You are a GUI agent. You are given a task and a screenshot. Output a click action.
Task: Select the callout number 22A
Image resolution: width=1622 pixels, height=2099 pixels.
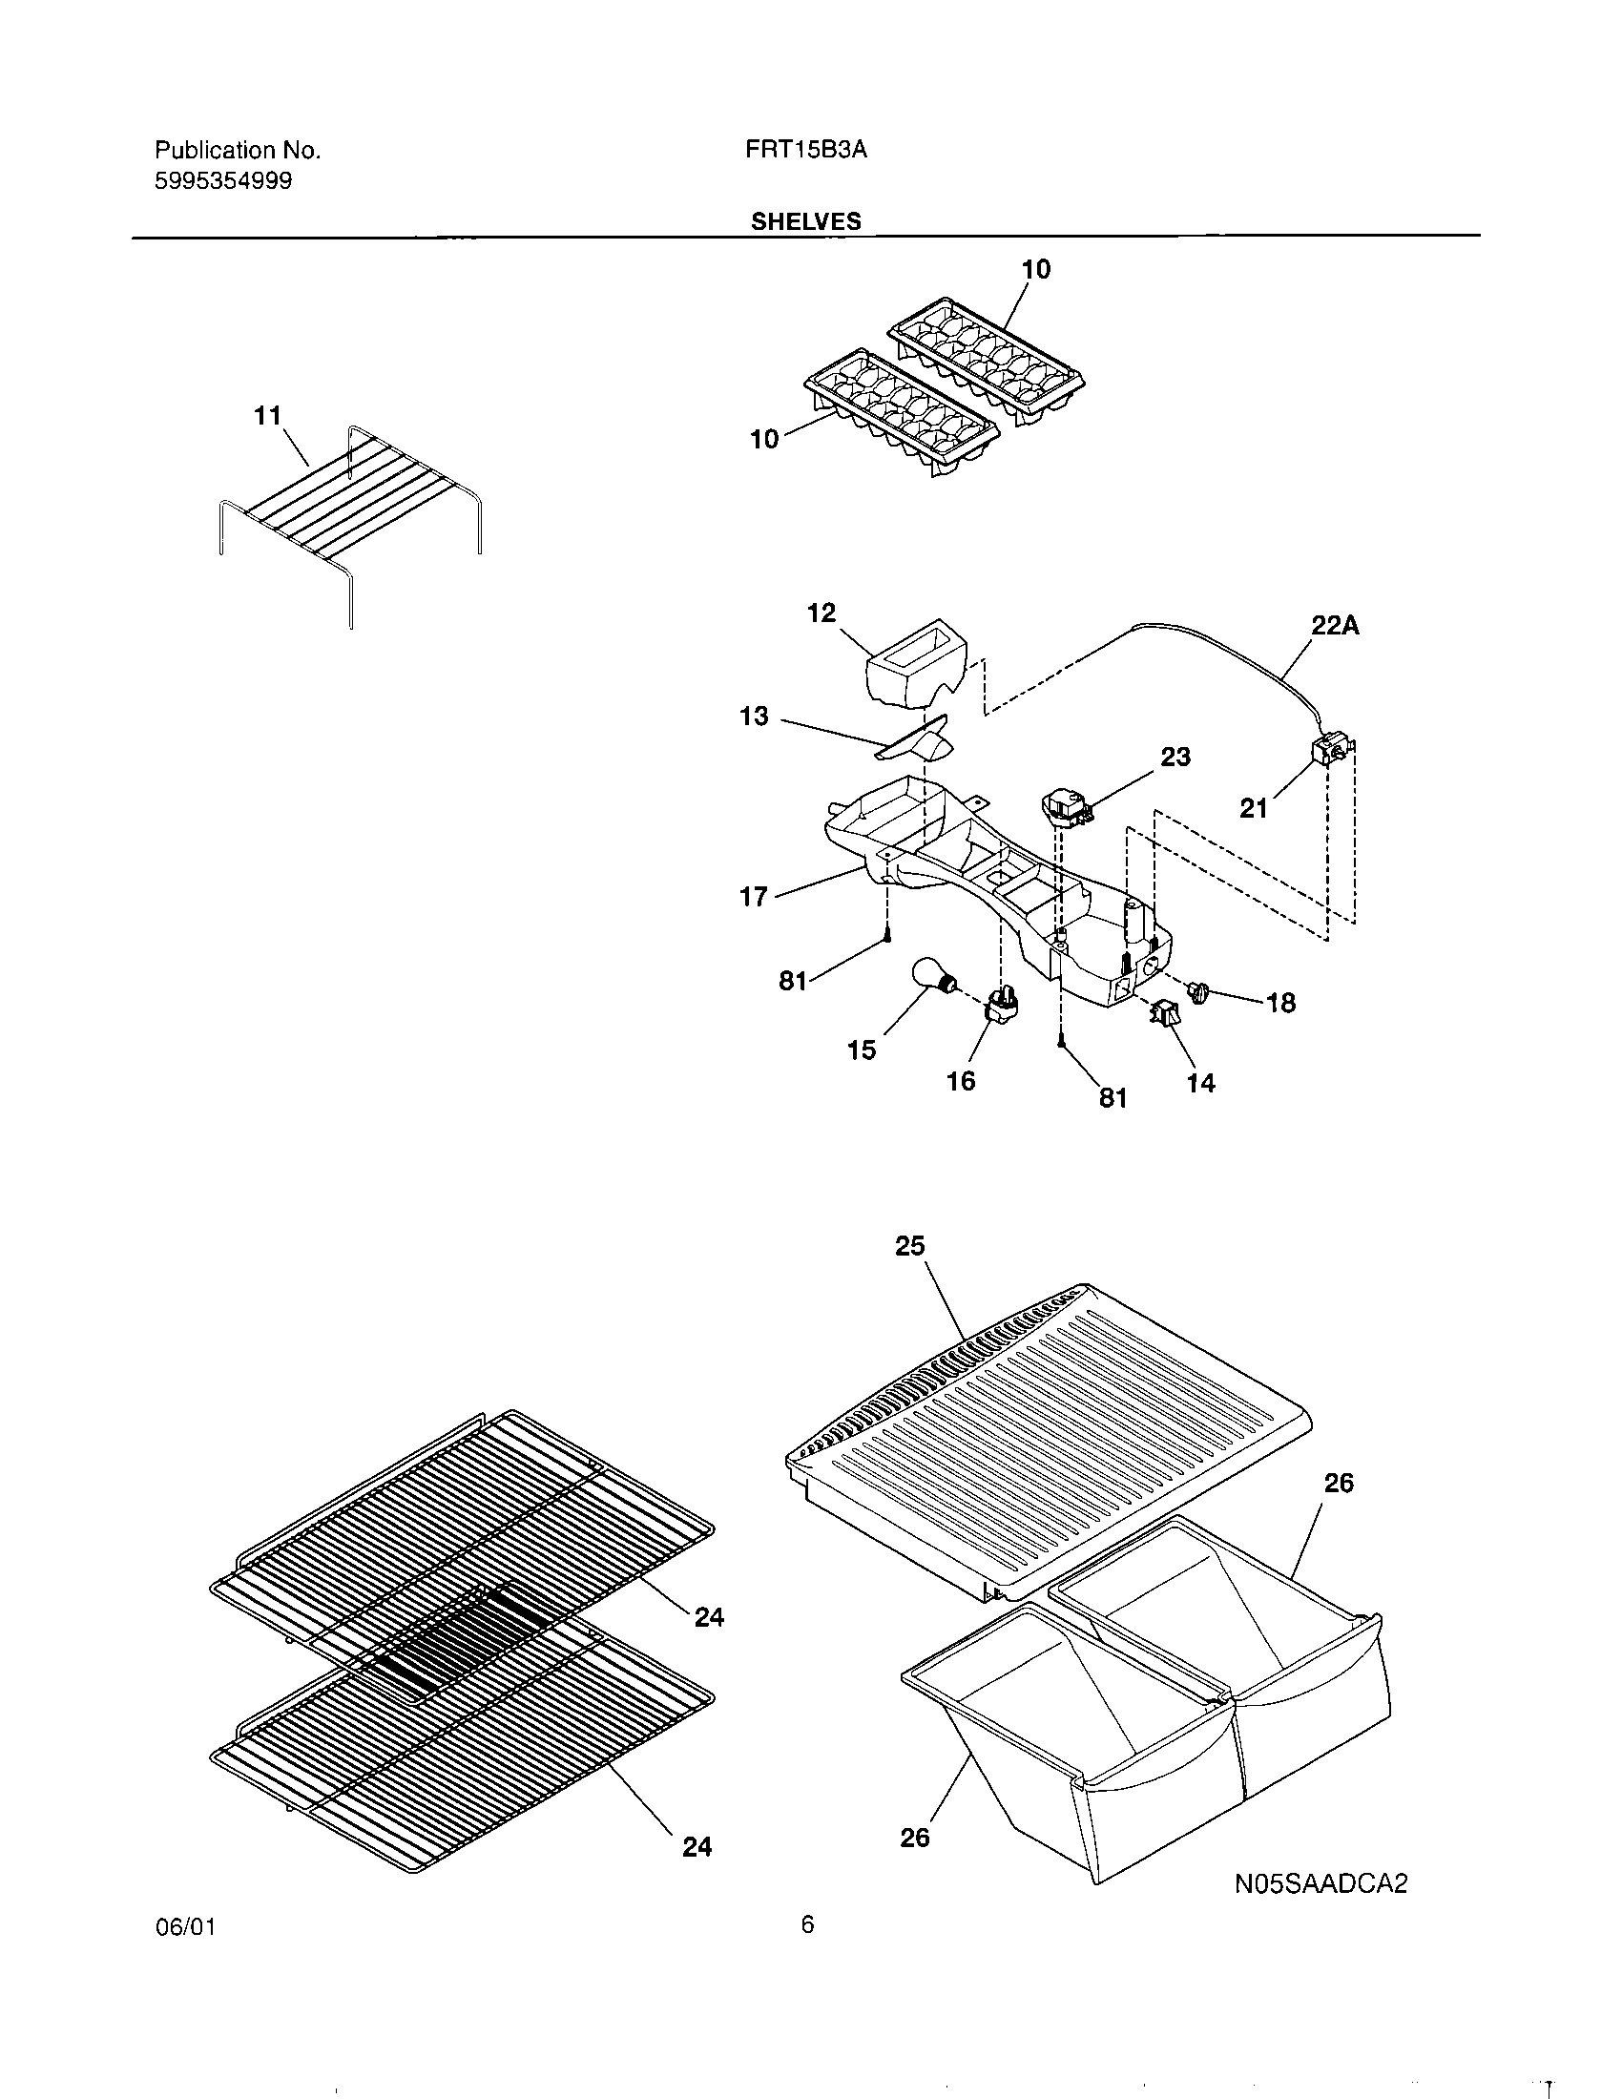click(1336, 626)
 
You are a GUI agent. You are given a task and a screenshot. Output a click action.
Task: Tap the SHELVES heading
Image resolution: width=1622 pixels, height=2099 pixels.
click(805, 221)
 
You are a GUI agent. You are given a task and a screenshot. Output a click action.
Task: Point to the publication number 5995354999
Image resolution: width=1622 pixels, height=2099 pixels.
click(224, 180)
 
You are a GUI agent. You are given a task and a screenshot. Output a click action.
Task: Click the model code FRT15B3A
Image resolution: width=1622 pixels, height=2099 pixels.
click(806, 150)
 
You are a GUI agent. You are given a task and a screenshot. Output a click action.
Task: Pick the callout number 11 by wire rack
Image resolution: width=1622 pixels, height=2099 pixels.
click(267, 416)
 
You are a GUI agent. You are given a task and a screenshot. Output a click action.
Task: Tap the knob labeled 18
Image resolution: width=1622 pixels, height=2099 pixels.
click(1198, 991)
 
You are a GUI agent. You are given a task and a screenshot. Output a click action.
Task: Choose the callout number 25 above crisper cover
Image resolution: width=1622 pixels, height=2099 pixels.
click(909, 1245)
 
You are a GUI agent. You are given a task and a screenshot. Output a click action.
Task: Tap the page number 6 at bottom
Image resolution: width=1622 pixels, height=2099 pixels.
click(807, 1950)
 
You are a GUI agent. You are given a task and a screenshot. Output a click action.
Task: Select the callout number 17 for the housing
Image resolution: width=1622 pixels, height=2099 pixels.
click(754, 897)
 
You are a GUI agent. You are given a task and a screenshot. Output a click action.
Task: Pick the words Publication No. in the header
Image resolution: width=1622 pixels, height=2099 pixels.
click(238, 150)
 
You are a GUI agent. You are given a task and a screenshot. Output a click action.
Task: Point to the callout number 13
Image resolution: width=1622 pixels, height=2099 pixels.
click(755, 716)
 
